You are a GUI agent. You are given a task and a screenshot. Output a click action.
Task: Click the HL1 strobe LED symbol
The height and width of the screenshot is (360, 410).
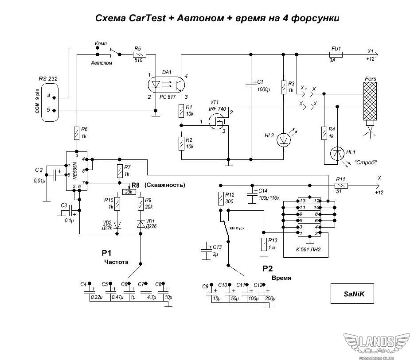click(x=338, y=154)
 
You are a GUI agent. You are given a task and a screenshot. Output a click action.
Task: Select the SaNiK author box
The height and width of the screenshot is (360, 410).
click(x=352, y=293)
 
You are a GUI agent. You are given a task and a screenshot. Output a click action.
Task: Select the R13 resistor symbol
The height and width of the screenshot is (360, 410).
click(x=265, y=244)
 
